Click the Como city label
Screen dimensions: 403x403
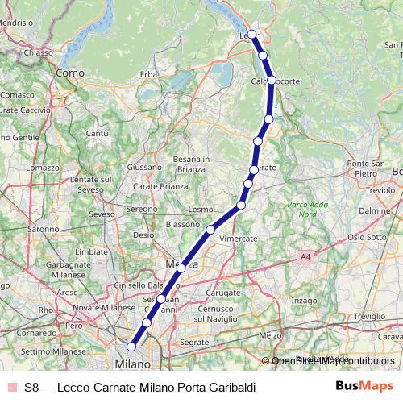pyautogui.click(x=71, y=73)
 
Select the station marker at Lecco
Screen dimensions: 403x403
pyautogui.click(x=252, y=34)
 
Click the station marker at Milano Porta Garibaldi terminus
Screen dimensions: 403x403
pyautogui.click(x=131, y=348)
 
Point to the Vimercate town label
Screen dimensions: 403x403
pyautogui.click(x=239, y=239)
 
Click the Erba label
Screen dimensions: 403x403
pyautogui.click(x=148, y=74)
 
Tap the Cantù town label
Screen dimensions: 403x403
pyautogui.click(x=97, y=133)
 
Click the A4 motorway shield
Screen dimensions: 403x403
pyautogui.click(x=304, y=256)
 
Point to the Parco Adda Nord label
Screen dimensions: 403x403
pyautogui.click(x=303, y=210)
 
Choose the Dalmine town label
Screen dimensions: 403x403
pyautogui.click(x=374, y=210)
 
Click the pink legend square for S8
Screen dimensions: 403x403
pyautogui.click(x=10, y=387)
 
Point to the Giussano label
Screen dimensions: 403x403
pyautogui.click(x=145, y=167)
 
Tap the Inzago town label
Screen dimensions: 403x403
pyautogui.click(x=304, y=300)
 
